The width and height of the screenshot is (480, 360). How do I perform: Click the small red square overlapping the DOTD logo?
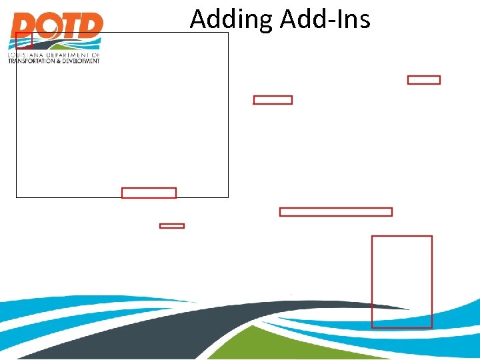click(x=23, y=40)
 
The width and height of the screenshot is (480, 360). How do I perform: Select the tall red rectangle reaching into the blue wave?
click(x=401, y=281)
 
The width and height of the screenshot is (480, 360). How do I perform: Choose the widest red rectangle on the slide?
click(x=335, y=212)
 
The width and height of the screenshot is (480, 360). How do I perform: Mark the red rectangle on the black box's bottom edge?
click(x=149, y=193)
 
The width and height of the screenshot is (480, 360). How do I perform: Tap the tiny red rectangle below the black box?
click(x=171, y=226)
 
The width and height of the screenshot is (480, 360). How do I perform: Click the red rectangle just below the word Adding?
click(x=273, y=100)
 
